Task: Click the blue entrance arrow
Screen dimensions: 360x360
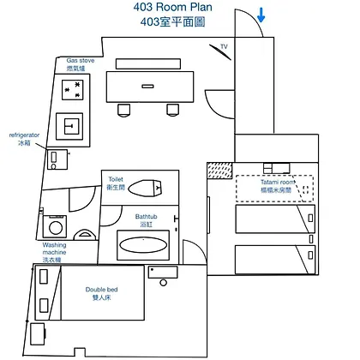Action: click(261, 15)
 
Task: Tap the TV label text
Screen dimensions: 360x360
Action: click(224, 46)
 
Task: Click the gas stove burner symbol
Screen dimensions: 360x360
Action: click(73, 90)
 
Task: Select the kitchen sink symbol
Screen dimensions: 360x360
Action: click(69, 126)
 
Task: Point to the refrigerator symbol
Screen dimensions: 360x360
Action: click(57, 159)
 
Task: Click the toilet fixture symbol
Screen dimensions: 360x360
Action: click(145, 188)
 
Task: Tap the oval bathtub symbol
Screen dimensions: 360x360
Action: click(143, 245)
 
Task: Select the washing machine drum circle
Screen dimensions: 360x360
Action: click(56, 228)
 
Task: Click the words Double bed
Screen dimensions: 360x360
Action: click(101, 290)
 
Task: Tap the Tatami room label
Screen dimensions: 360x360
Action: click(277, 182)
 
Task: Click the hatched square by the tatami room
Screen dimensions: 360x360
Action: click(219, 171)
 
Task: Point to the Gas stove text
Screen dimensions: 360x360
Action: click(81, 61)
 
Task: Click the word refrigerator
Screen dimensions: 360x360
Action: click(24, 135)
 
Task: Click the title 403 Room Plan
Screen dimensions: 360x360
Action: click(173, 7)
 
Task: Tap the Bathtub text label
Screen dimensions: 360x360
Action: click(146, 217)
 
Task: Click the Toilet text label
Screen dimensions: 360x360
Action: click(116, 179)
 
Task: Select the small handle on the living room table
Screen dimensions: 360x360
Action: click(147, 86)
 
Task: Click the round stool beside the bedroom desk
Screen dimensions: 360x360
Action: click(164, 283)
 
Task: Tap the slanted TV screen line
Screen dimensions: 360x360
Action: click(220, 52)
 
